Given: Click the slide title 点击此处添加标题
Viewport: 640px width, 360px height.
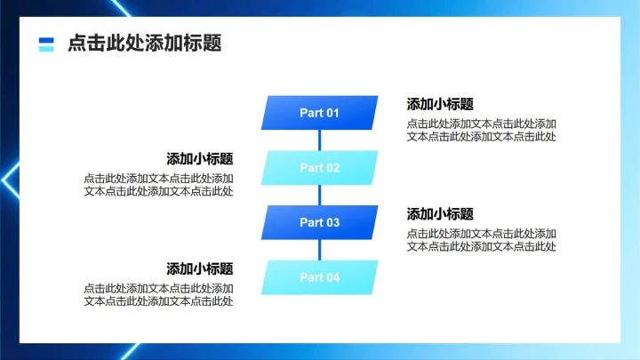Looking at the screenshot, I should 144,43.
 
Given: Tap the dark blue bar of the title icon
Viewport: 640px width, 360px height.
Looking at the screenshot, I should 46,39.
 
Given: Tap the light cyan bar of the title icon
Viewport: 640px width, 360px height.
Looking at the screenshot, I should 46,48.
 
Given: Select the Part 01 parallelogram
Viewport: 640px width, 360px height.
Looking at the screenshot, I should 319,113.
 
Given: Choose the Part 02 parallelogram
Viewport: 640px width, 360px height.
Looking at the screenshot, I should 319,168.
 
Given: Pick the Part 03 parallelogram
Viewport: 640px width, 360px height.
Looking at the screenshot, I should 319,222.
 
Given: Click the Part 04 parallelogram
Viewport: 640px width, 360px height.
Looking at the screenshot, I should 319,277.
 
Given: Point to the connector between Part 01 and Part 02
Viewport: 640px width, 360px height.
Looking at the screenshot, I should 319,140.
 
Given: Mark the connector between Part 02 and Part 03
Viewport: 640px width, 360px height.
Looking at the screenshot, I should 319,196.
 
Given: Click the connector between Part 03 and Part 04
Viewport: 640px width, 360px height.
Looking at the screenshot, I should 319,250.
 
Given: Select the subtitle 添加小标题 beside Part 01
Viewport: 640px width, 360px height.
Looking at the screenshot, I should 440,104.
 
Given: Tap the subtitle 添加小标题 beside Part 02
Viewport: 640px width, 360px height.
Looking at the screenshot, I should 200,159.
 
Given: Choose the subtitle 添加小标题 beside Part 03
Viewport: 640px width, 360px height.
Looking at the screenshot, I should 440,214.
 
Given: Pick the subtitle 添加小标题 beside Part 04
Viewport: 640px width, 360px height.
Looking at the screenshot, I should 200,268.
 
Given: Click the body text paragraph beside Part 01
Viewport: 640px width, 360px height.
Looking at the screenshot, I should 482,130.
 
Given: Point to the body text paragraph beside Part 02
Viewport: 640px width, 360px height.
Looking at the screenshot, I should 159,185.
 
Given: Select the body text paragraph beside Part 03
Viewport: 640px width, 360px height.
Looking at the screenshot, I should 482,240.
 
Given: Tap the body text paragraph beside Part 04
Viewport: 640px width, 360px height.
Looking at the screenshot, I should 159,295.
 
